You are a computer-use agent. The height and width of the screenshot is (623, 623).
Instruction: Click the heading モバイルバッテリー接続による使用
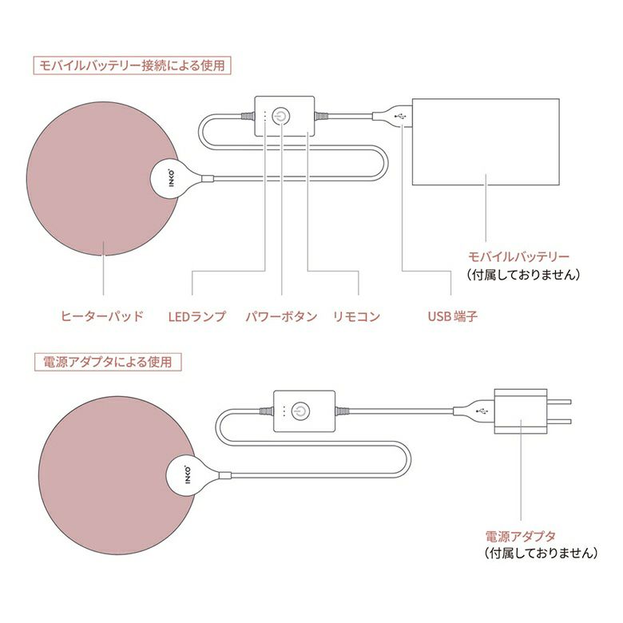[132, 65]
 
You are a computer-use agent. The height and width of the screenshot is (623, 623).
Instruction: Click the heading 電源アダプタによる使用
[107, 362]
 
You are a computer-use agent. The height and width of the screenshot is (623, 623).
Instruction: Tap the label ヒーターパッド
[101, 316]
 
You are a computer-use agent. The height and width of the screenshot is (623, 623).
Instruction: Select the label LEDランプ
[197, 316]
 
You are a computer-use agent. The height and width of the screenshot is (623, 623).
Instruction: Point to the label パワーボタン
[281, 316]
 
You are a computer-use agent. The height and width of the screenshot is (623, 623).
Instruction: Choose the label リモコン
[356, 316]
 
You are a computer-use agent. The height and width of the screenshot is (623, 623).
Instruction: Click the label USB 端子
[453, 316]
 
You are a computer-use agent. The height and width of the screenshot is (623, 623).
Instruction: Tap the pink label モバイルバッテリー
[519, 257]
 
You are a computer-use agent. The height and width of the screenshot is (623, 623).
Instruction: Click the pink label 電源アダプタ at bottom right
[521, 536]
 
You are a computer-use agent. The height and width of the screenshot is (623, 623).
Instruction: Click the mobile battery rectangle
[486, 142]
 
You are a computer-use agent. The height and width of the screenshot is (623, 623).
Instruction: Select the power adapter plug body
[521, 411]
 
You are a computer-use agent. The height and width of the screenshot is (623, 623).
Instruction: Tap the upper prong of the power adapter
[559, 402]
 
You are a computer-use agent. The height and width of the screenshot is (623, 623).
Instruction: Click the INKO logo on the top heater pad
[171, 178]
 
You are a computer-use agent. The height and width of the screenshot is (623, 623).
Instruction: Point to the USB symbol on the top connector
[399, 117]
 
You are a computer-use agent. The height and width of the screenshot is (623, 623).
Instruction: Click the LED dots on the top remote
[264, 117]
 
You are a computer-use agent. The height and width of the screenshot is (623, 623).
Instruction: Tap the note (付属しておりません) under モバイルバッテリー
[522, 274]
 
